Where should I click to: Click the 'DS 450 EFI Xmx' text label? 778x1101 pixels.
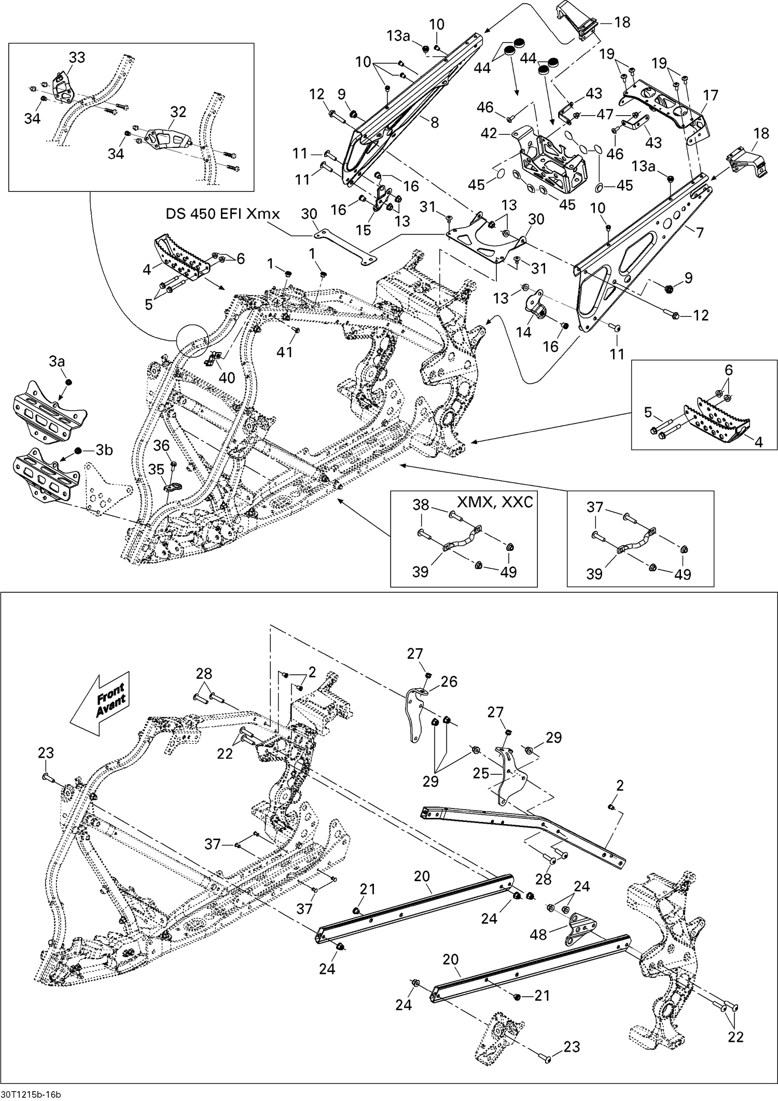(x=223, y=214)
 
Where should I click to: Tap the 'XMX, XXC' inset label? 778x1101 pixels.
(x=495, y=502)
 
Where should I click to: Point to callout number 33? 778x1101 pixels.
(x=77, y=58)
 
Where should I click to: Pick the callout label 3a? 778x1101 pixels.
(x=57, y=361)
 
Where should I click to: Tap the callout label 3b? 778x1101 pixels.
(x=104, y=450)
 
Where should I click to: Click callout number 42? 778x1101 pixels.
(x=489, y=133)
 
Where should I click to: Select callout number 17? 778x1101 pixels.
(x=711, y=95)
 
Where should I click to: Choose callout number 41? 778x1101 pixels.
(x=285, y=352)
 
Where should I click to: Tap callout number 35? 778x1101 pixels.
(x=156, y=469)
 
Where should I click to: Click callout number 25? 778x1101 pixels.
(x=481, y=773)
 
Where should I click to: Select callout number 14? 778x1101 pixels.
(x=524, y=331)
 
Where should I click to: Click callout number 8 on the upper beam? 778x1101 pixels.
(x=435, y=122)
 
